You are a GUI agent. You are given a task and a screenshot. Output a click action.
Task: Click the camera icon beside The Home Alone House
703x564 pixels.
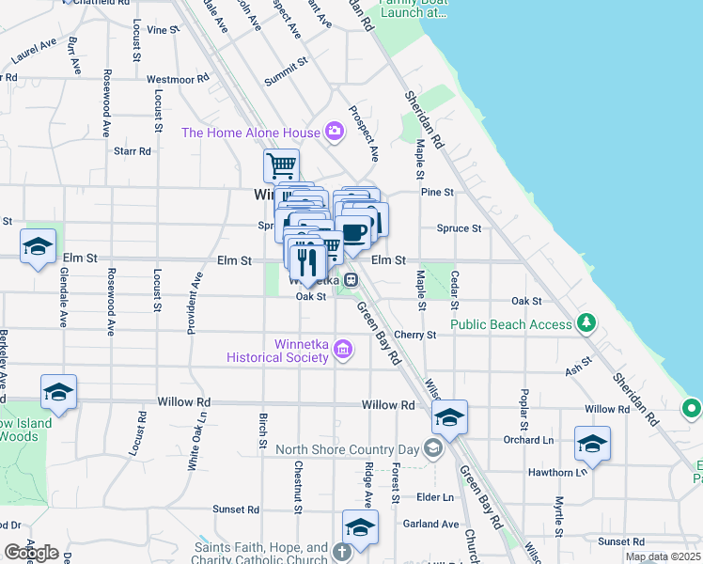click(334, 132)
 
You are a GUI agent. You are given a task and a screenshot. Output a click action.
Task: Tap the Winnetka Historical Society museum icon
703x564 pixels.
click(343, 351)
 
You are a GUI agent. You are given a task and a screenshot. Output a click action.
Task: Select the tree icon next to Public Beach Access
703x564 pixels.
click(587, 324)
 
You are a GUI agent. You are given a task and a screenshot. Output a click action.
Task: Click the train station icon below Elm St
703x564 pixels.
click(349, 280)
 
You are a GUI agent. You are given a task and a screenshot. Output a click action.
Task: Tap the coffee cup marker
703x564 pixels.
click(353, 233)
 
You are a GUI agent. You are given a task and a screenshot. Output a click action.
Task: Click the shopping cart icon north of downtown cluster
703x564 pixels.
click(281, 166)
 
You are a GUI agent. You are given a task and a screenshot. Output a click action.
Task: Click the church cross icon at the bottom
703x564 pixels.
click(340, 551)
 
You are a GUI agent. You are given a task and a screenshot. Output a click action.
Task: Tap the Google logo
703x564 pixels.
click(31, 553)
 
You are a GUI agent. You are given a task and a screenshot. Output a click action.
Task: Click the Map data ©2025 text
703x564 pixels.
click(663, 556)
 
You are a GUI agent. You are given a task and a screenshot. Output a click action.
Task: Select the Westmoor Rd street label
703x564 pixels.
click(177, 80)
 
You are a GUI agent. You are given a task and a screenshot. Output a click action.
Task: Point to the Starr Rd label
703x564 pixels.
click(132, 150)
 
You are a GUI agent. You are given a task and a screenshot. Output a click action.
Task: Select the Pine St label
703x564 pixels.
click(437, 192)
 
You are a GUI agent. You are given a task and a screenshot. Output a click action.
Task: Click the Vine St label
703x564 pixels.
click(163, 30)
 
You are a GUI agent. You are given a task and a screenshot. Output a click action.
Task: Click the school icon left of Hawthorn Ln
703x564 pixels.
click(592, 443)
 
